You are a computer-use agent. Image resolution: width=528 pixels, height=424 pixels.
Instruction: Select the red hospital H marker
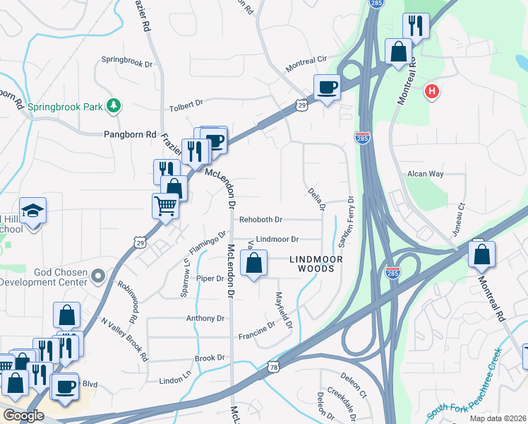431,91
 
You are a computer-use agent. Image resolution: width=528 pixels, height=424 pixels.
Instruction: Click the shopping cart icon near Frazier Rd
164,206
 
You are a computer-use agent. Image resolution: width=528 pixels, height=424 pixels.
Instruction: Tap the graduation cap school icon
32,210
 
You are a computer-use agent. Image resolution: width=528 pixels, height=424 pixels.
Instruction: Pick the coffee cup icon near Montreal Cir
327,88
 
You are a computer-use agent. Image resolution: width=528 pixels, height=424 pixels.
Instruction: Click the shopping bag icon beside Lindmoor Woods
254,263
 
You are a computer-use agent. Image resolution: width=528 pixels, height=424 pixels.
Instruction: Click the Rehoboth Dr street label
260,220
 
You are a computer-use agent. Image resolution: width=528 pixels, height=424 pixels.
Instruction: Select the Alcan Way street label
425,173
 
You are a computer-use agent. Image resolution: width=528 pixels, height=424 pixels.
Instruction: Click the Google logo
23,415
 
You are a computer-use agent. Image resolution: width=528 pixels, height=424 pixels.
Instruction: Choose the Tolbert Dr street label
186,109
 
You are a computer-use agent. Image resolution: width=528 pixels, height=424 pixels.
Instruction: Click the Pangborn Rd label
130,134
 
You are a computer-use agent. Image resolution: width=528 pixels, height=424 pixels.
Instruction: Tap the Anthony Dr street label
205,319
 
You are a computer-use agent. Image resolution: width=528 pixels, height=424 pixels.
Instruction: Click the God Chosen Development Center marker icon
98,275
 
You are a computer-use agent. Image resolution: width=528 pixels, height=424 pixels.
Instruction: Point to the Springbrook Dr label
127,62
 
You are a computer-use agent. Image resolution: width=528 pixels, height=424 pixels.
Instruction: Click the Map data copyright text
497,418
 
